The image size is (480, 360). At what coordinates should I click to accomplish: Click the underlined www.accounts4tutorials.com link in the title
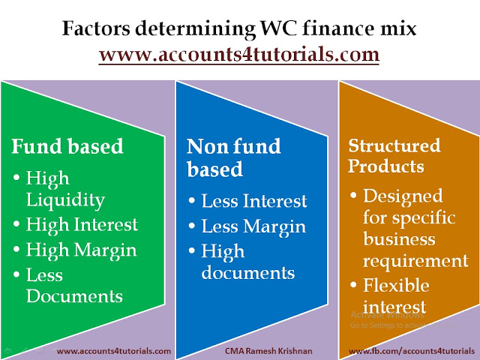pyautogui.click(x=239, y=55)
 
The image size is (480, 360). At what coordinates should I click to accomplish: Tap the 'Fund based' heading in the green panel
pyautogui.click(x=67, y=146)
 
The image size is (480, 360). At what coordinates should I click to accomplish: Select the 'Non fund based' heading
pyautogui.click(x=233, y=157)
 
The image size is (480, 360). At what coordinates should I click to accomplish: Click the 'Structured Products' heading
pyautogui.click(x=394, y=156)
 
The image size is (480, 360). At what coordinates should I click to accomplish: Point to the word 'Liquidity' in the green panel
pyautogui.click(x=65, y=200)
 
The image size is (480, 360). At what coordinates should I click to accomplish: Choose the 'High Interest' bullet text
pyautogui.click(x=82, y=224)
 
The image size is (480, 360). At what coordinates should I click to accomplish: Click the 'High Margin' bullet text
pyautogui.click(x=82, y=250)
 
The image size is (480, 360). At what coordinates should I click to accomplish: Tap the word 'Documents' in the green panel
pyautogui.click(x=74, y=296)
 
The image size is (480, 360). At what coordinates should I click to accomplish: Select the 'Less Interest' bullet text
pyautogui.click(x=254, y=201)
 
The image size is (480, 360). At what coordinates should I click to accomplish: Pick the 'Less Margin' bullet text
pyautogui.click(x=253, y=226)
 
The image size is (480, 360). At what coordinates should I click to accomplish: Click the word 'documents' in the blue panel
pyautogui.click(x=248, y=272)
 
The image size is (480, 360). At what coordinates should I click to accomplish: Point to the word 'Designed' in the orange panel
pyautogui.click(x=403, y=196)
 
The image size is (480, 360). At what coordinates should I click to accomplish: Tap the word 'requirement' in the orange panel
pyautogui.click(x=415, y=262)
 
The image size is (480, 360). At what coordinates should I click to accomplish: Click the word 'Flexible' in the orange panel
pyautogui.click(x=396, y=285)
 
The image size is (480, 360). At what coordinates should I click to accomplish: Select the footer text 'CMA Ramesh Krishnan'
pyautogui.click(x=268, y=351)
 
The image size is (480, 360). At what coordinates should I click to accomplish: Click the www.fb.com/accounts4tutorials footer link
pyautogui.click(x=412, y=351)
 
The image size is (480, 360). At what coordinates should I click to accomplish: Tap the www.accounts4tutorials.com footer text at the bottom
pyautogui.click(x=114, y=351)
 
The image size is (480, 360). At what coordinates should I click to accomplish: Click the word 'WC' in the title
pyautogui.click(x=278, y=28)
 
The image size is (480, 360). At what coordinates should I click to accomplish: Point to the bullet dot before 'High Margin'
pyautogui.click(x=16, y=249)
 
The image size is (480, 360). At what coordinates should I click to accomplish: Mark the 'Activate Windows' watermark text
pyautogui.click(x=387, y=315)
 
